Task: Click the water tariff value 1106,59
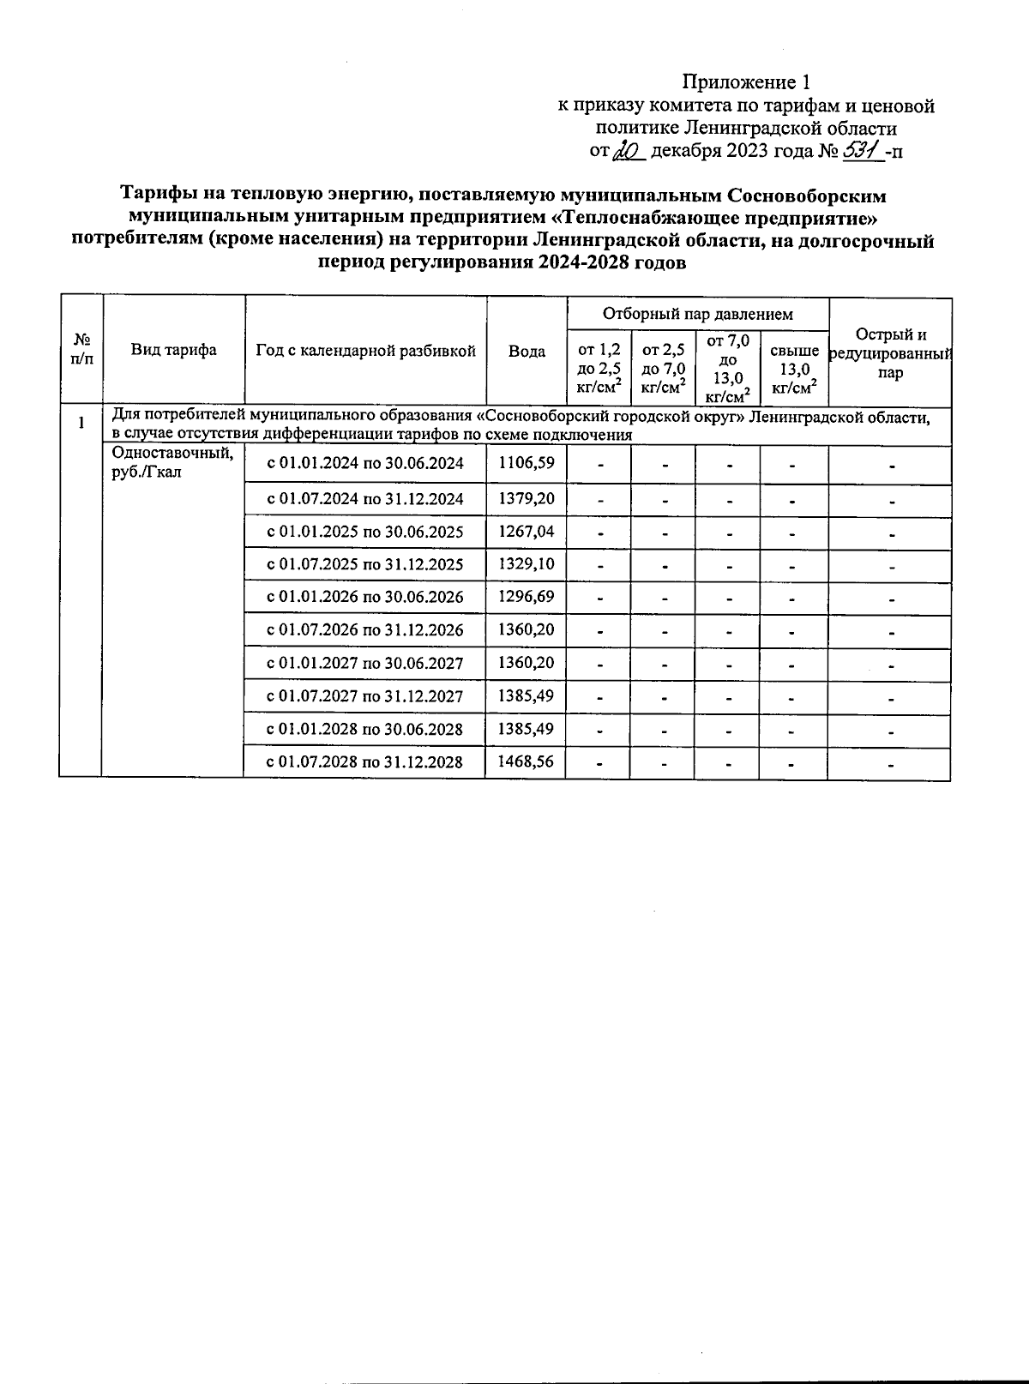[x=526, y=464]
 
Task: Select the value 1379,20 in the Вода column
[x=526, y=499]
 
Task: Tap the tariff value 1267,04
[x=526, y=532]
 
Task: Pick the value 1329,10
[x=526, y=564]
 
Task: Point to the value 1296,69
[x=526, y=597]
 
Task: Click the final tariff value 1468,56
[x=526, y=761]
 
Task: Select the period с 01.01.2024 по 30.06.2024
[x=365, y=464]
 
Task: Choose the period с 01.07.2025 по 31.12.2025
[x=365, y=564]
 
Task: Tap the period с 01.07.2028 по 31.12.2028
[x=365, y=761]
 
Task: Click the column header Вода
[x=527, y=352]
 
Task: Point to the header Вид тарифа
[x=174, y=350]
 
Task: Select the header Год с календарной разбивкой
[x=365, y=351]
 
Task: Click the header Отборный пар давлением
[x=697, y=314]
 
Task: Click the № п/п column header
[x=81, y=349]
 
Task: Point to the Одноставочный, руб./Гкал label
[x=172, y=463]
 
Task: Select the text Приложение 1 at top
[x=745, y=82]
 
